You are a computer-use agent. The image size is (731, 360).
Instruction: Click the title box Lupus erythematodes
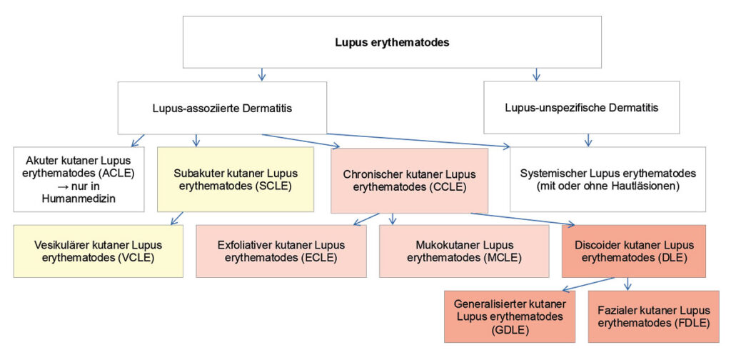coord(392,42)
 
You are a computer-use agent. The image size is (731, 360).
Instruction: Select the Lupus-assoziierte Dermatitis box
coord(221,108)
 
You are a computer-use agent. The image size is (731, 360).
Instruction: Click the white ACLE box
coord(79,179)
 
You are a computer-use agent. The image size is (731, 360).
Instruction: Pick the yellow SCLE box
coord(236,179)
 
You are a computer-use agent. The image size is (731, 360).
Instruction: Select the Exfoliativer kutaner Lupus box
coord(281,251)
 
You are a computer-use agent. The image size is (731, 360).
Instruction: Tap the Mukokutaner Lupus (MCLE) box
coord(464,251)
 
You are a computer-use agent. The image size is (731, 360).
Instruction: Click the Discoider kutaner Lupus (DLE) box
coord(633,251)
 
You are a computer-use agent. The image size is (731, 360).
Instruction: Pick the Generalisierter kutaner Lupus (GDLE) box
coord(509,316)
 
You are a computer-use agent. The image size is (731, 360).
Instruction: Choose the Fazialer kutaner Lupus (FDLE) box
coord(653,316)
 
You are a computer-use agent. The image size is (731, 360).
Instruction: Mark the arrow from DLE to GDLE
coord(588,285)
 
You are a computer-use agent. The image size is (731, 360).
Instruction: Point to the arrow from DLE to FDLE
coord(628,284)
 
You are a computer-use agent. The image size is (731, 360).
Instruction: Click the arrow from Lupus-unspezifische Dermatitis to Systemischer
coord(588,140)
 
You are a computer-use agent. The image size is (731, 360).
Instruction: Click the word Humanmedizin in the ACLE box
coord(79,199)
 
